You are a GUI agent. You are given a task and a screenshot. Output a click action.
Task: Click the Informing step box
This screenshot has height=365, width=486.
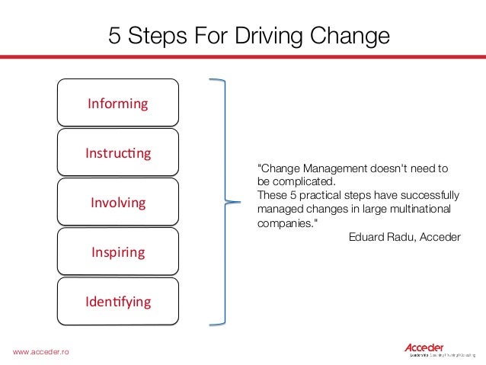118,102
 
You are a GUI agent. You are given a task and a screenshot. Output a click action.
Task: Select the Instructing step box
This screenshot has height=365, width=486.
118,152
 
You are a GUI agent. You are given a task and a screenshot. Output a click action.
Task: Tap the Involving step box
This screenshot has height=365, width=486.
118,203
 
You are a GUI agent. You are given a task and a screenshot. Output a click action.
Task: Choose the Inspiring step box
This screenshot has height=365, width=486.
118,251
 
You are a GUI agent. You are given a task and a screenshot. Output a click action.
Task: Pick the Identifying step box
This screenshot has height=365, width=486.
118,302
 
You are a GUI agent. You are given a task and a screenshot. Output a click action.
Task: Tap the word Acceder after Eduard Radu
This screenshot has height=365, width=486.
438,237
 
